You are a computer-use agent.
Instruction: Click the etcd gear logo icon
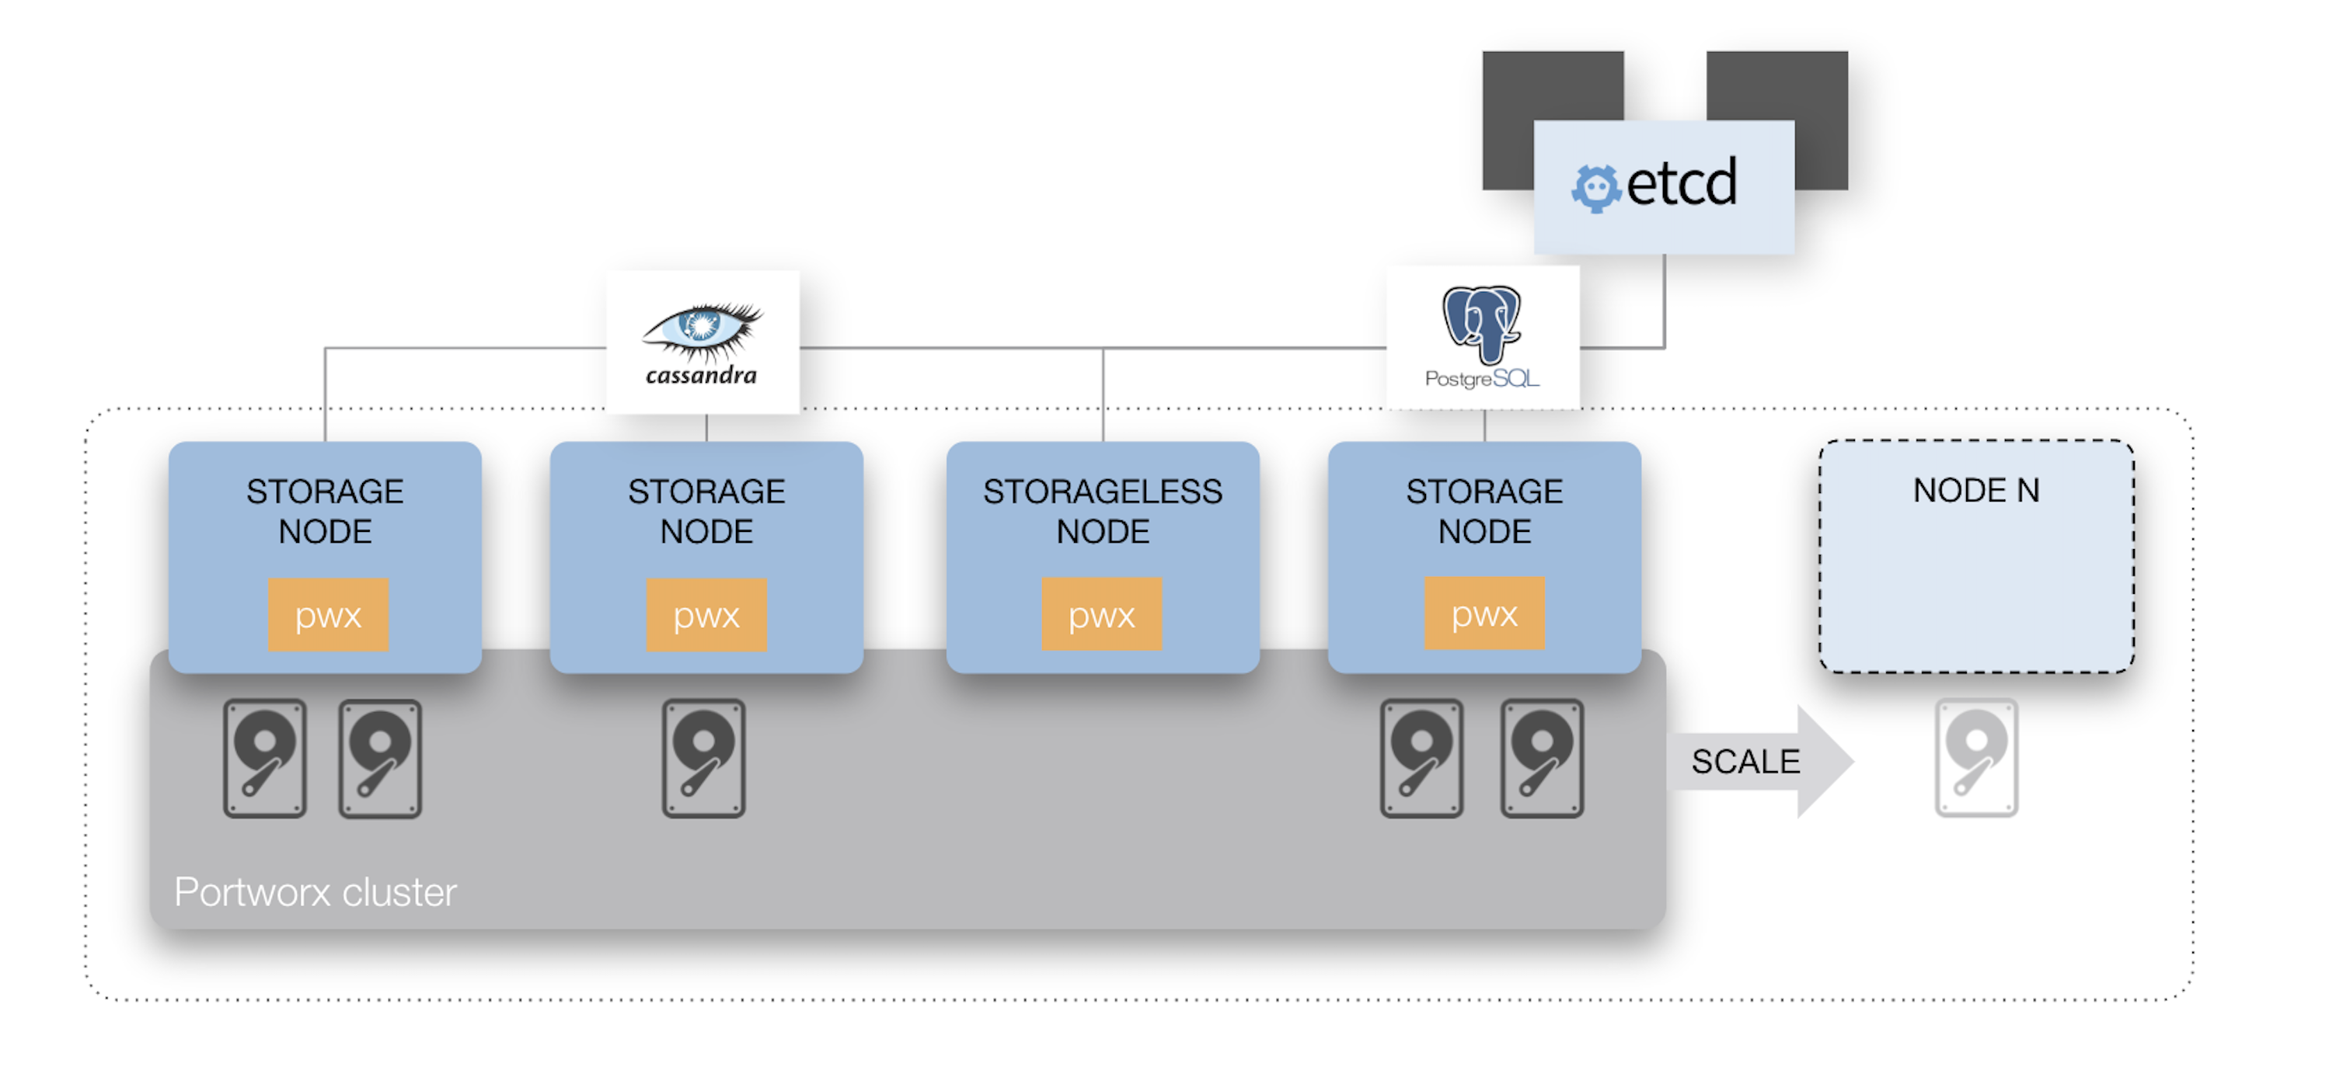[x=1595, y=188]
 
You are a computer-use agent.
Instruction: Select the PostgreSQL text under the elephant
[x=1482, y=379]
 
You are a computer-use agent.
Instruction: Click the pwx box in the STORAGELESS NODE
[x=1101, y=614]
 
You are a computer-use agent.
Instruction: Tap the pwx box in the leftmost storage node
[x=328, y=616]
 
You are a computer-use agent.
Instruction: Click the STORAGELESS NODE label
[x=1103, y=510]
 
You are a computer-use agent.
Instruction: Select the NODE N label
[x=1976, y=490]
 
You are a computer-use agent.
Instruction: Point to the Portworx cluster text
[x=315, y=892]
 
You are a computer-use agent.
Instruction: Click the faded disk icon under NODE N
[x=1976, y=758]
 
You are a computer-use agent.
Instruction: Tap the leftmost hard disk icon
[x=265, y=759]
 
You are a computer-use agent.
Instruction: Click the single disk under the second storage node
[x=704, y=759]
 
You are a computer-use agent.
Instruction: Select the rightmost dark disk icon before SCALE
[x=1542, y=759]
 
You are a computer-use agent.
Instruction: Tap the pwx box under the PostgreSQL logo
[x=1484, y=613]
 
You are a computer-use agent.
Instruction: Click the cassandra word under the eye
[x=701, y=375]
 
